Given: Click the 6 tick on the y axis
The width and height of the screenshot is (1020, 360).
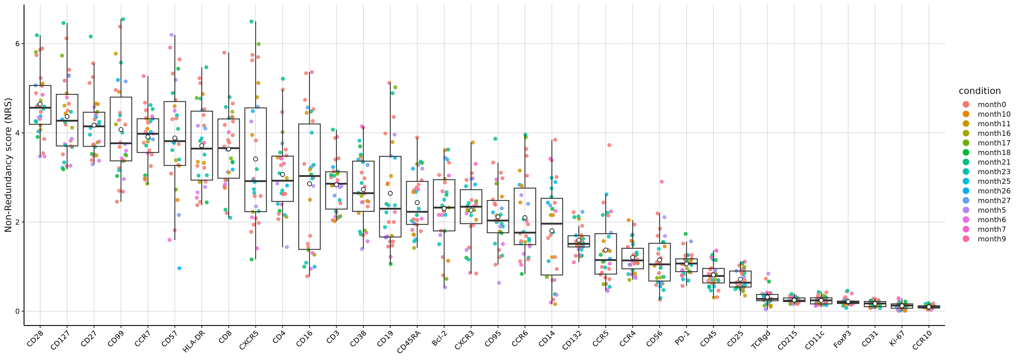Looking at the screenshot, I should [17, 44].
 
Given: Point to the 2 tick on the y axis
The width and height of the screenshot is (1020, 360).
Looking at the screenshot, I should [17, 222].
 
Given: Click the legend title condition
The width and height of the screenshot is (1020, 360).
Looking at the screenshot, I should [980, 91].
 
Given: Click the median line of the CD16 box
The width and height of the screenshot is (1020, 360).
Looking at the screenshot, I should [309, 176].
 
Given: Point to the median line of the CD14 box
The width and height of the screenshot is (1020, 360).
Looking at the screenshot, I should [552, 224].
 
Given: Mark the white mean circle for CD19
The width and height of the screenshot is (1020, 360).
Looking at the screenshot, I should [390, 193].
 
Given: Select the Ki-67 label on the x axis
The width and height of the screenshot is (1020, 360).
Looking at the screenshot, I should [896, 339].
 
